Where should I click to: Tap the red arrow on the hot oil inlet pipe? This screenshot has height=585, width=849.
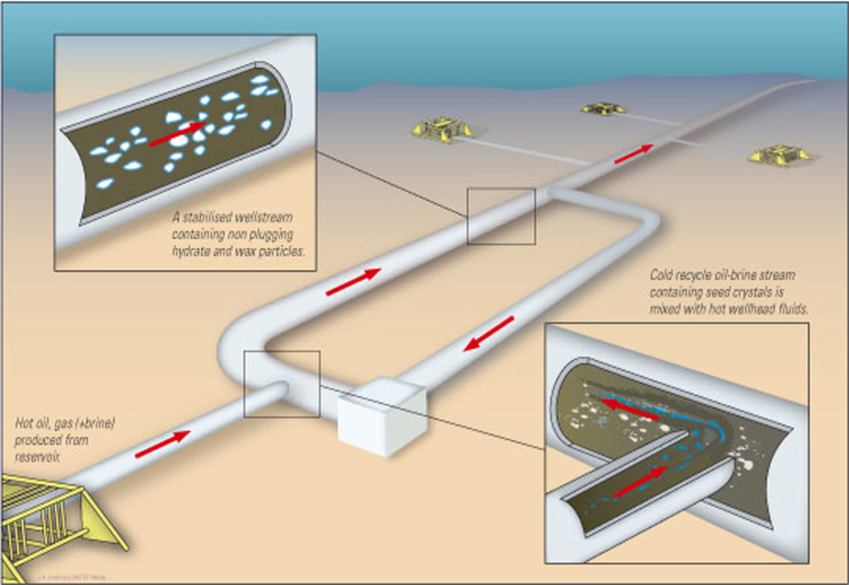click(x=163, y=444)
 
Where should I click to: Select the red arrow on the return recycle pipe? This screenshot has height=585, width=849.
click(x=488, y=333)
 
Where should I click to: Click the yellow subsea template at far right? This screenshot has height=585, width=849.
click(x=779, y=154)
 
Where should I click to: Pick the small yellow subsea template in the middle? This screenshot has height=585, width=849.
click(x=603, y=108)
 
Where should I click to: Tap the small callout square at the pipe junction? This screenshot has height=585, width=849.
click(x=282, y=384)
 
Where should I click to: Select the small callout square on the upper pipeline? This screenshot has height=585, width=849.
click(x=501, y=216)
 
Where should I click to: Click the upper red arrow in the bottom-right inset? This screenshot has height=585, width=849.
click(x=630, y=409)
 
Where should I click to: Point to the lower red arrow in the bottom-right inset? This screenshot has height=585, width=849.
click(x=641, y=482)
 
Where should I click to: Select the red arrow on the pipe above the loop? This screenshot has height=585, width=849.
click(x=353, y=282)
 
